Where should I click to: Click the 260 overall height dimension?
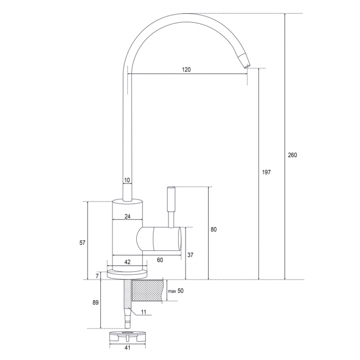[292, 155]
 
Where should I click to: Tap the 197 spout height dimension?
[266, 172]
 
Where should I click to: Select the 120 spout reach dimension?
[186, 69]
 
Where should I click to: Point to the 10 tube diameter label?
[127, 180]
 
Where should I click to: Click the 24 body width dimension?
[127, 216]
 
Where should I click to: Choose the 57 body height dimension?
[83, 243]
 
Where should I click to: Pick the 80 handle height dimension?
[214, 229]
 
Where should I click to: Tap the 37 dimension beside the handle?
[191, 255]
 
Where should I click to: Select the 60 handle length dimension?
[160, 260]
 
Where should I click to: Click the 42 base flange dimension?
[127, 262]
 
